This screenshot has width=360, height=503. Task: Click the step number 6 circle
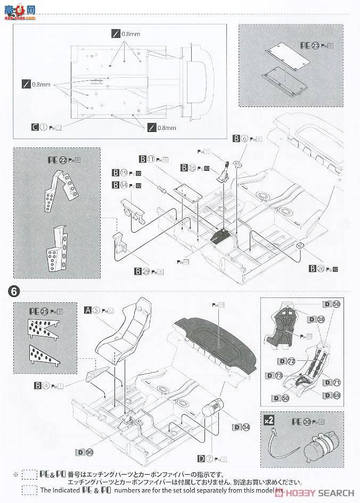tap(13, 291)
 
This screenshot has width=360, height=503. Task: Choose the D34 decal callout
tap(241, 426)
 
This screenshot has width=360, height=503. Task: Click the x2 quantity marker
tap(270, 420)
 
